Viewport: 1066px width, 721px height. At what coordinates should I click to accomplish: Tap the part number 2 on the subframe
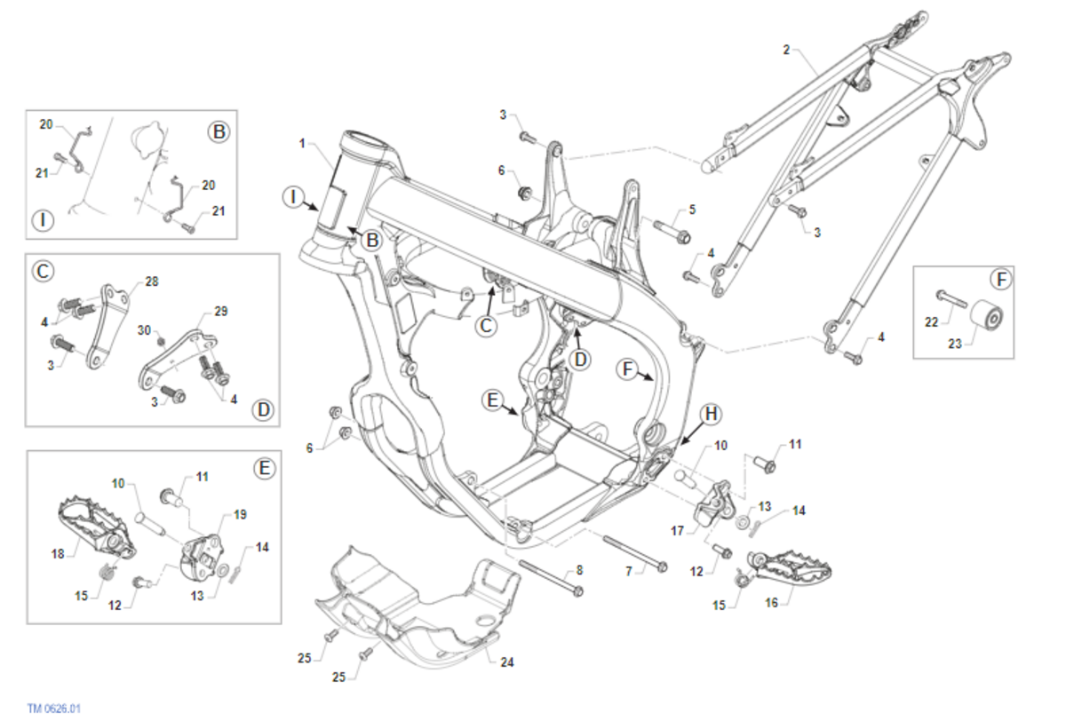tap(786, 50)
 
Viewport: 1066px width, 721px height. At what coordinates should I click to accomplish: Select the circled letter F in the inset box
tap(1000, 280)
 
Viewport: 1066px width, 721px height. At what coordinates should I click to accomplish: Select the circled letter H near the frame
tap(711, 414)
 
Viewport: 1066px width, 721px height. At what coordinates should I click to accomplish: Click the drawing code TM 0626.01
tap(54, 709)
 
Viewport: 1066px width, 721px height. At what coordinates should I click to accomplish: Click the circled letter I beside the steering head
tap(293, 197)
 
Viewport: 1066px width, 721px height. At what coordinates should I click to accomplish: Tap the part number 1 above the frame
tap(302, 143)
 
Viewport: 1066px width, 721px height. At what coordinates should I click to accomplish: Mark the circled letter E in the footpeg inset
tap(264, 468)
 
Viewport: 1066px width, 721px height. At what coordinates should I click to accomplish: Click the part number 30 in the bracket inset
tap(145, 329)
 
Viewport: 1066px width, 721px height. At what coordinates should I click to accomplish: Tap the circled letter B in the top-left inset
tap(219, 132)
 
